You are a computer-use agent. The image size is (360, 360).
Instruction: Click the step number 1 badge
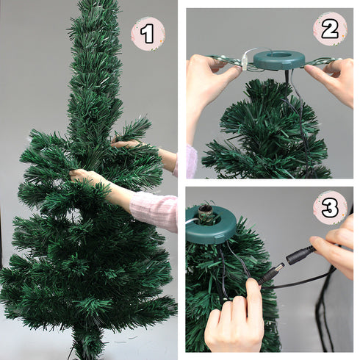(148, 34)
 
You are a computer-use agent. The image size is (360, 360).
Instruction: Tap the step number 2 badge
(330, 29)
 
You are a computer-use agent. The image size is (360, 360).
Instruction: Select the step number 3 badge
(330, 208)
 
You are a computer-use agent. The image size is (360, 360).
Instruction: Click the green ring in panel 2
(278, 60)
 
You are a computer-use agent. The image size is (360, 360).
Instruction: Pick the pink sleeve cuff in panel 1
(155, 210)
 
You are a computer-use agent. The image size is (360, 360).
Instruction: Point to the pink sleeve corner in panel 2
(191, 162)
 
